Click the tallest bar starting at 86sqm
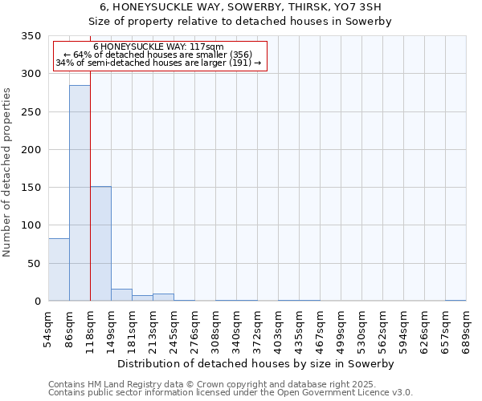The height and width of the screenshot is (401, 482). pyautogui.click(x=80, y=192)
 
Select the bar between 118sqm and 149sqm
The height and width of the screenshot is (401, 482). pyautogui.click(x=100, y=244)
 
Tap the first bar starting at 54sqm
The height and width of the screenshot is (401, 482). pyautogui.click(x=59, y=269)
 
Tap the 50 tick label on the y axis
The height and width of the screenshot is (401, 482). pyautogui.click(x=34, y=263)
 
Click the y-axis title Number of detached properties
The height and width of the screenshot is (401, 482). pyautogui.click(x=7, y=172)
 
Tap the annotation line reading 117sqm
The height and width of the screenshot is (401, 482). pyautogui.click(x=159, y=47)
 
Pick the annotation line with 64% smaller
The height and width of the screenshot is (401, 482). pyautogui.click(x=159, y=55)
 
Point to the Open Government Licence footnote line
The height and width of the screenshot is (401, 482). pyautogui.click(x=230, y=393)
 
